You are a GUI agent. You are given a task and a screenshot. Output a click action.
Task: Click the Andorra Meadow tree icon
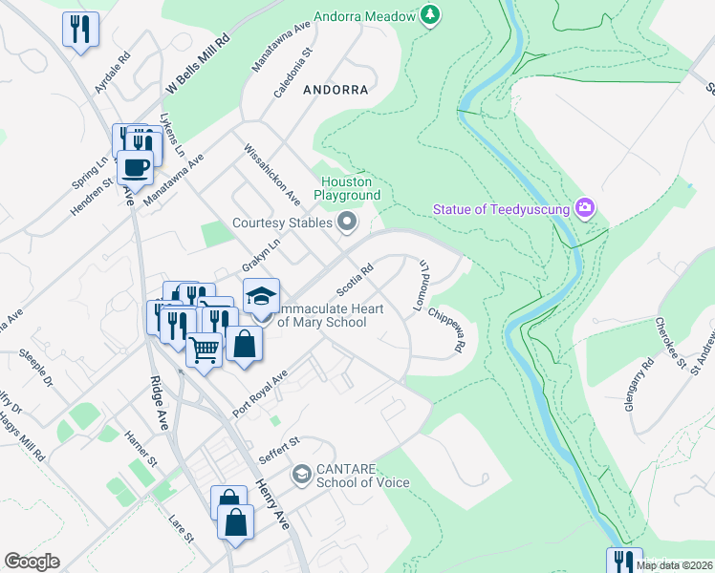pyautogui.click(x=431, y=15)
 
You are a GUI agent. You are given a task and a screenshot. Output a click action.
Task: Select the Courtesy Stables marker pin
pyautogui.click(x=347, y=223)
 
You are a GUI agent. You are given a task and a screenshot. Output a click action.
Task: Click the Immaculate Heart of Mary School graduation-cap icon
pyautogui.click(x=260, y=295)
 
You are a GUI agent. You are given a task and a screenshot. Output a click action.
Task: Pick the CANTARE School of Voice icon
pyautogui.click(x=301, y=474)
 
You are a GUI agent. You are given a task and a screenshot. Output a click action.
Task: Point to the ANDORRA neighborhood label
pyautogui.click(x=335, y=90)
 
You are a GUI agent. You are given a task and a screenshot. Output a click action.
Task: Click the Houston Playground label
pyautogui.click(x=345, y=188)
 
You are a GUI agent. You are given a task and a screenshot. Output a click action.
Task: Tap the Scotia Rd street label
pyautogui.click(x=353, y=280)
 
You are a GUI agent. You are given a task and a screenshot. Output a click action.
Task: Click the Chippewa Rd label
pyautogui.click(x=446, y=329)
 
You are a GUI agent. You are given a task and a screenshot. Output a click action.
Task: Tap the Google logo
pyautogui.click(x=32, y=562)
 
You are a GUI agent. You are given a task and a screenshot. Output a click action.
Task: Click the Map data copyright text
pyautogui.click(x=675, y=565)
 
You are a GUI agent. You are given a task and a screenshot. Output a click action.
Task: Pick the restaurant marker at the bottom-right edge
pyautogui.click(x=623, y=561)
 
